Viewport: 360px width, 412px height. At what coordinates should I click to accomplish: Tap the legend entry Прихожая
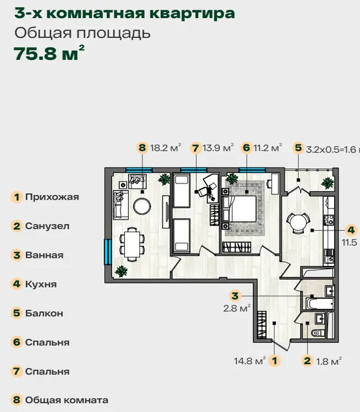click(x=52, y=197)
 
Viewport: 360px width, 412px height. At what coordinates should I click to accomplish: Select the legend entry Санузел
click(x=47, y=226)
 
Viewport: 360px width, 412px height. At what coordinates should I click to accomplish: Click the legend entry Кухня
click(x=41, y=284)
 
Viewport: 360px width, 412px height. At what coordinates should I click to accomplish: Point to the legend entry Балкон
click(x=44, y=314)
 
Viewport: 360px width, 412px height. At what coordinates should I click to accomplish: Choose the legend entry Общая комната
click(x=67, y=400)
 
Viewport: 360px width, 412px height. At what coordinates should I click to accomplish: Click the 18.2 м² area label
click(x=166, y=147)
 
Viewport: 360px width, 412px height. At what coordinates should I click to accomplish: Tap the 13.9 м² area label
click(x=218, y=148)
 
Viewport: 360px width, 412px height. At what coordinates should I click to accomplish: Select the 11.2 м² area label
click(x=268, y=147)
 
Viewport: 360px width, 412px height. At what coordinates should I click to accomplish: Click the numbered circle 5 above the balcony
click(x=298, y=147)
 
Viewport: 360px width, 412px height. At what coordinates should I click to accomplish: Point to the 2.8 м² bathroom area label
click(x=237, y=308)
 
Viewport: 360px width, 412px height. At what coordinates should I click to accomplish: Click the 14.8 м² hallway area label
click(x=250, y=361)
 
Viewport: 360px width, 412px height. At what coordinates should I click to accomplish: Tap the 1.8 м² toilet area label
click(x=328, y=361)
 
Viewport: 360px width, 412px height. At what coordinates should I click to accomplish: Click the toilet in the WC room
click(x=318, y=333)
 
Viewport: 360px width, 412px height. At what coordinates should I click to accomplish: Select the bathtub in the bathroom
click(x=320, y=304)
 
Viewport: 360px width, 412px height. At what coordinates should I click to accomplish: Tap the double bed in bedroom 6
click(x=240, y=209)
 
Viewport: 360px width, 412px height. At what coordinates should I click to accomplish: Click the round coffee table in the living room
click(x=142, y=206)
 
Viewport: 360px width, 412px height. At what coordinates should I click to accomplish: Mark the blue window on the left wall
click(x=108, y=252)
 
